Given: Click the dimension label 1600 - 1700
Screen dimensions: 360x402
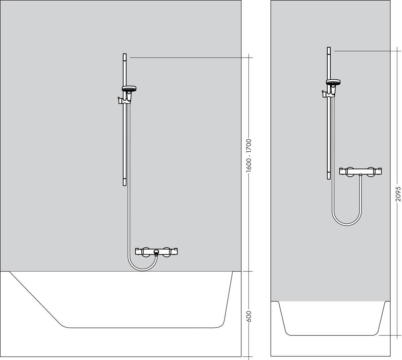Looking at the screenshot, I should click(249, 155).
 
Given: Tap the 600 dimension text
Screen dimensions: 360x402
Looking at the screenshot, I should click(249, 316).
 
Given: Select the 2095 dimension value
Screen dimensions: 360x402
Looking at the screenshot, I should click(398, 194).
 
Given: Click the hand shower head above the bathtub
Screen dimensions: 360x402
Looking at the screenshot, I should click(128, 89).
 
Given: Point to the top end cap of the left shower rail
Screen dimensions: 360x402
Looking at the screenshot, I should click(125, 56).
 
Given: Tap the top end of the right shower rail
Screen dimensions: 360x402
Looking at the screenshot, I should click(329, 50).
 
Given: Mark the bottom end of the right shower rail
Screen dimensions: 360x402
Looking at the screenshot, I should click(329, 176).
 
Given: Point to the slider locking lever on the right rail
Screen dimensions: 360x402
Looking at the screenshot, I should click(323, 93).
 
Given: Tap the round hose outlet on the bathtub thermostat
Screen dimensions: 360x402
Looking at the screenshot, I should click(156, 251).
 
